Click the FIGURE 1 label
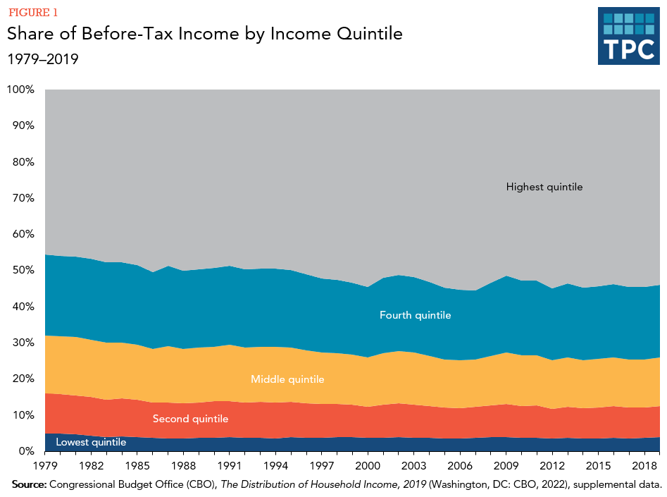(x=33, y=12)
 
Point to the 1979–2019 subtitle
(x=42, y=59)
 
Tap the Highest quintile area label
(x=544, y=187)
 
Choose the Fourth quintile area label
(x=415, y=315)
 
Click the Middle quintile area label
(x=287, y=379)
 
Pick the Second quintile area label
(x=190, y=419)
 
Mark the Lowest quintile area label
(x=91, y=442)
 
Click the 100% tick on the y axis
(x=20, y=90)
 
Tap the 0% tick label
(x=26, y=451)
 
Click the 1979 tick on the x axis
(x=45, y=467)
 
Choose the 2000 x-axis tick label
(x=368, y=467)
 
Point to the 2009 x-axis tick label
(x=506, y=467)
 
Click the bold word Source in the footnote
(x=30, y=485)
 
